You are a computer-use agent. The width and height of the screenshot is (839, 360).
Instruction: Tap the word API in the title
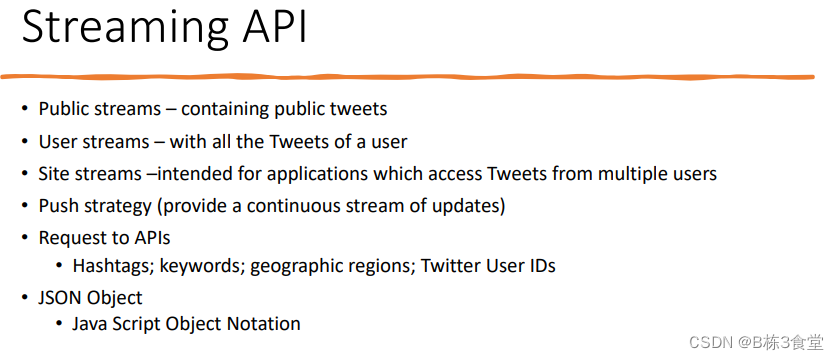coord(269,28)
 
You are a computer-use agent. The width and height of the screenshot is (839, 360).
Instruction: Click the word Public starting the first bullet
coord(62,109)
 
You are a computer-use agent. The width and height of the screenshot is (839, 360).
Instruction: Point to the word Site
coord(53,174)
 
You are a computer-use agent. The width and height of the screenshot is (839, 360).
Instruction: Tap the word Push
coord(56,206)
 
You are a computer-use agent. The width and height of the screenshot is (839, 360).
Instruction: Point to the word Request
coord(69,238)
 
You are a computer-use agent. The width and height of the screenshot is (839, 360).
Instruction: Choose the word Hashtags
coord(110,266)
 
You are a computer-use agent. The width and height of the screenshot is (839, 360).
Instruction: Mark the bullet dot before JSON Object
coord(26,298)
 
